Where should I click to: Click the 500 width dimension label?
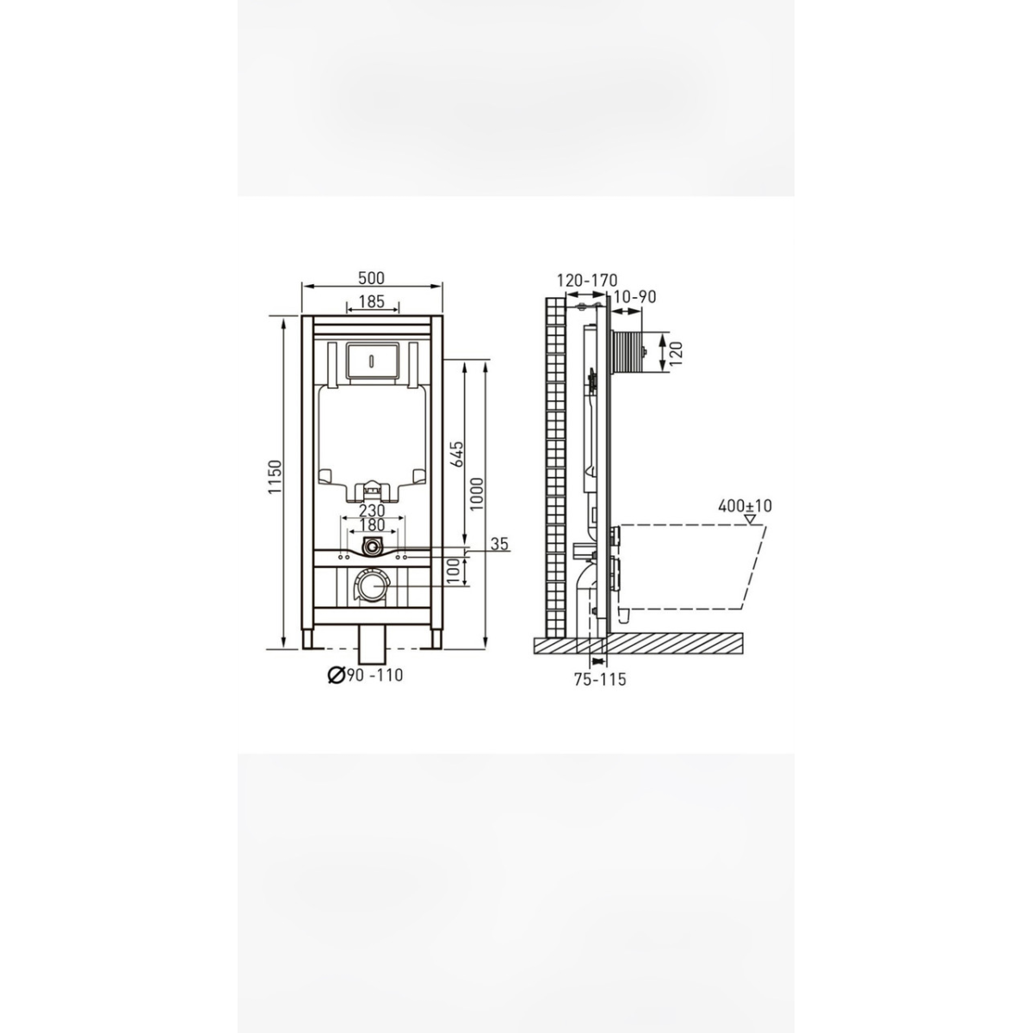[372, 278]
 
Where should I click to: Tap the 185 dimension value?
[372, 302]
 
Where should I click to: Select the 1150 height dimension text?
[275, 477]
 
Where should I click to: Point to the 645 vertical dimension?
[457, 454]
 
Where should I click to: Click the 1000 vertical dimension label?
[477, 494]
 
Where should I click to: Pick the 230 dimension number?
[372, 510]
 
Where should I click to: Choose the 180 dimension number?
[372, 524]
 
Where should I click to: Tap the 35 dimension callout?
[499, 543]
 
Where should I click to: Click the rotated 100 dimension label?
[454, 571]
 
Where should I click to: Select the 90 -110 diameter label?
[374, 676]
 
